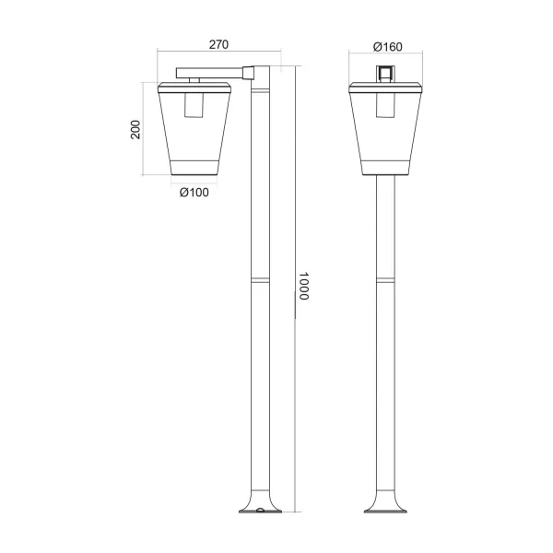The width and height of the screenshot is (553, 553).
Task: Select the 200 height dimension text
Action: pos(135,129)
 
